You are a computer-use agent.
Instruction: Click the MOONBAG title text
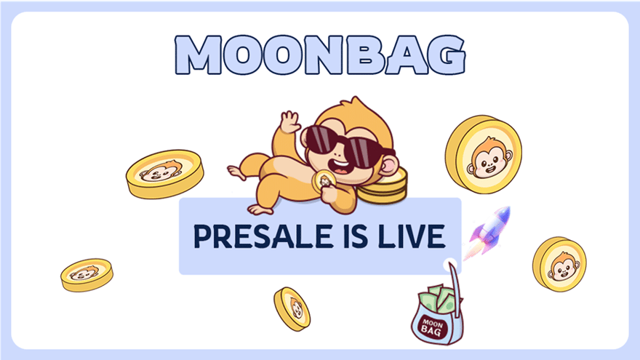point(320,54)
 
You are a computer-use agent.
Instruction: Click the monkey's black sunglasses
point(340,143)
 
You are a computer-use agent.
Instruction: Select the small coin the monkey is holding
point(321,181)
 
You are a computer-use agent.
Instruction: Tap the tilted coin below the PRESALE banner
point(292,308)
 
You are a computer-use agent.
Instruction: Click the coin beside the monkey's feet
point(165,172)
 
